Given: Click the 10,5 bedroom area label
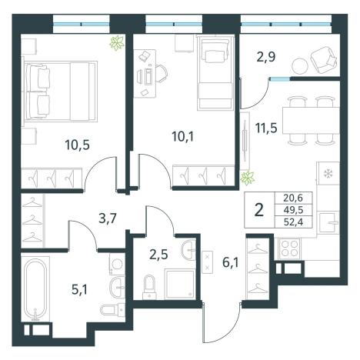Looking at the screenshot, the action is point(77,145).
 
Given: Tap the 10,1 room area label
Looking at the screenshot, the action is point(183,136).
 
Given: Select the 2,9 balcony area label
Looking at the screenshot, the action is point(266,57).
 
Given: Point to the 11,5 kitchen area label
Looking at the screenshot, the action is point(266,128).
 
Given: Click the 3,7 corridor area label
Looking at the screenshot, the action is point(108,218).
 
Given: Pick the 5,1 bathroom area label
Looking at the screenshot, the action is point(79,290).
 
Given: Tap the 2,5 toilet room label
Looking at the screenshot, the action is point(158,255).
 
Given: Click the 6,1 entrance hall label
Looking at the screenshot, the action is point(230,263).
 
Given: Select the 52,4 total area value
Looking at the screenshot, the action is point(293,222).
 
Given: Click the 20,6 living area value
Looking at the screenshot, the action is point(293,198).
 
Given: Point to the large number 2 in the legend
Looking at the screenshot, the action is point(259,210).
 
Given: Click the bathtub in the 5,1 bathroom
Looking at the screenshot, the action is point(35,289).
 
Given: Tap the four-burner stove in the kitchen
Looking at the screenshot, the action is point(289,248).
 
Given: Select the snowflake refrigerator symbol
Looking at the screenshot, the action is point(328,174).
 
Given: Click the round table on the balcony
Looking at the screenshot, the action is point(299,65).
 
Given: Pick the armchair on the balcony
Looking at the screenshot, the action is point(323,60).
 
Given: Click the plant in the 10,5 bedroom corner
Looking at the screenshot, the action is point(117,43).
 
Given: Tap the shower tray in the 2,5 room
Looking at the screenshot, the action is point(179,284).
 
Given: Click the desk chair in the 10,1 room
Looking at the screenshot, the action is point(161,74).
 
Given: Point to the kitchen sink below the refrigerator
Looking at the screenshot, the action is point(328,222).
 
